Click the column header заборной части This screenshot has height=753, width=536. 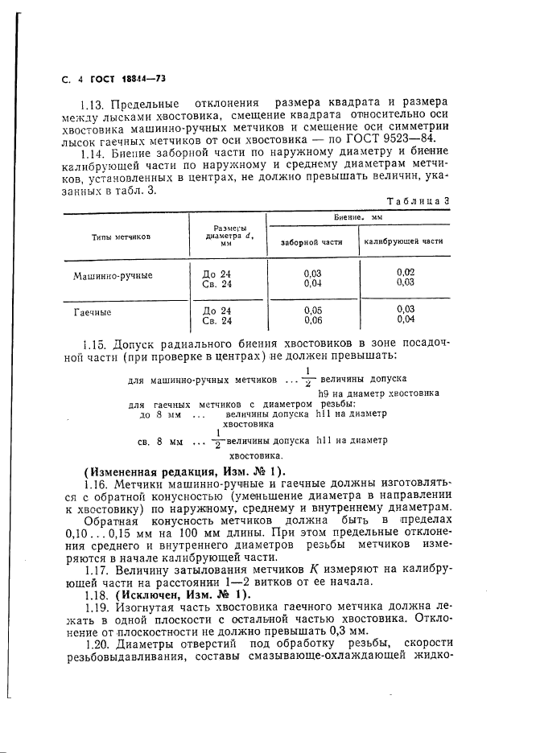click(x=311, y=241)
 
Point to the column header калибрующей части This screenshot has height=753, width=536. click(x=404, y=241)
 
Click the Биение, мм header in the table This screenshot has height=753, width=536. click(x=358, y=218)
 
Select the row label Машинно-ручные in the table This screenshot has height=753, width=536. click(x=113, y=275)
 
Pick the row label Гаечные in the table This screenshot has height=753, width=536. click(x=93, y=312)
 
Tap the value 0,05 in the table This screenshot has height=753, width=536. click(x=313, y=310)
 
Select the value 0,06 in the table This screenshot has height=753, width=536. click(x=313, y=319)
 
